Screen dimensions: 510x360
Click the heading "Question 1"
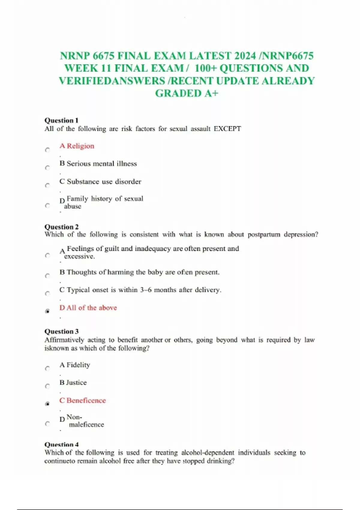click(61, 120)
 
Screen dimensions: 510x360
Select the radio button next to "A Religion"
click(47, 150)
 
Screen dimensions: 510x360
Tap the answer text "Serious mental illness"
click(102, 163)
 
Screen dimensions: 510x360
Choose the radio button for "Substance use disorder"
click(47, 185)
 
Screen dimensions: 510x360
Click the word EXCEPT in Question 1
click(227, 129)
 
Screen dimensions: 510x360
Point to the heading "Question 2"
click(61, 227)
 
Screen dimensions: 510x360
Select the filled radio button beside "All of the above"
click(47, 311)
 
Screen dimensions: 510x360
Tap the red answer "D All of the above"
click(88, 308)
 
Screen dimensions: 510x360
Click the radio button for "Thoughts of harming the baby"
click(47, 276)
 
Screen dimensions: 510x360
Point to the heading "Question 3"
click(61, 331)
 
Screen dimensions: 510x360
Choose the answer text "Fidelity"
click(78, 365)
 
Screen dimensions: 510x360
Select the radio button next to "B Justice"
click(47, 386)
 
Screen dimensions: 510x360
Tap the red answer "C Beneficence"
click(83, 400)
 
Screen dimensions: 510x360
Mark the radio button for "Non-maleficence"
click(47, 424)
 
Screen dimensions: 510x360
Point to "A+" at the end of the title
click(211, 93)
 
